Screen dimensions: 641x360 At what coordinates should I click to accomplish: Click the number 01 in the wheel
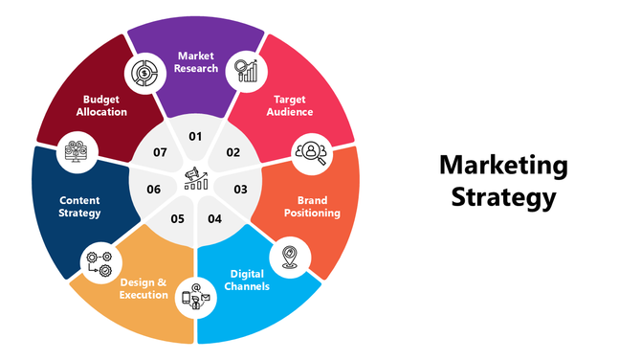(x=195, y=137)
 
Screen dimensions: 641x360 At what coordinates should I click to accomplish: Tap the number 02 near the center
(x=232, y=152)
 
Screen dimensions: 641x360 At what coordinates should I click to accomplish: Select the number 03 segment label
(x=240, y=190)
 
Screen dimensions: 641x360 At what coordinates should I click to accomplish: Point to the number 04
(x=214, y=219)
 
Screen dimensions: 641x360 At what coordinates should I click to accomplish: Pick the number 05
(x=177, y=219)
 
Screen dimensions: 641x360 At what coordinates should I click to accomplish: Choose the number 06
(x=153, y=190)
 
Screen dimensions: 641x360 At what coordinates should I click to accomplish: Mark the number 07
(x=160, y=152)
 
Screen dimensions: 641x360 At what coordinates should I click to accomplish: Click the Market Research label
(x=196, y=61)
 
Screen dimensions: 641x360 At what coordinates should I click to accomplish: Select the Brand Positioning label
(x=311, y=206)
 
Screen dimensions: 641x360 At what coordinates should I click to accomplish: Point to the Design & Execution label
(x=144, y=288)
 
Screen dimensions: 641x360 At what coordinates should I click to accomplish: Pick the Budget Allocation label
(x=101, y=105)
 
